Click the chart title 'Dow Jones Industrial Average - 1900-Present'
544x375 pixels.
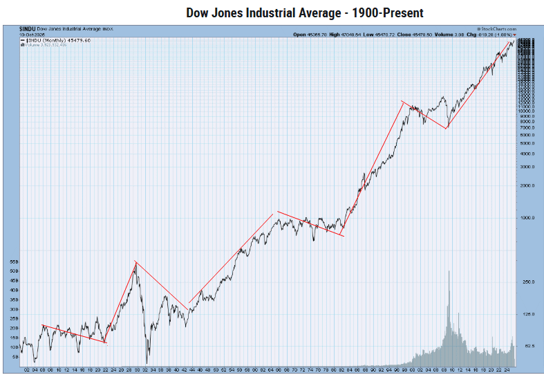point(304,13)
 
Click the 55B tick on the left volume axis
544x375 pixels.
point(15,262)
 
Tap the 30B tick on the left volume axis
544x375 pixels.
point(15,309)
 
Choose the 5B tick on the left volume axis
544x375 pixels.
point(15,356)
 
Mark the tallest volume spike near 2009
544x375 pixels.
point(449,272)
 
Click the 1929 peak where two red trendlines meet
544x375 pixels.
point(135,262)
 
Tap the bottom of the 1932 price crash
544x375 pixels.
point(147,363)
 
